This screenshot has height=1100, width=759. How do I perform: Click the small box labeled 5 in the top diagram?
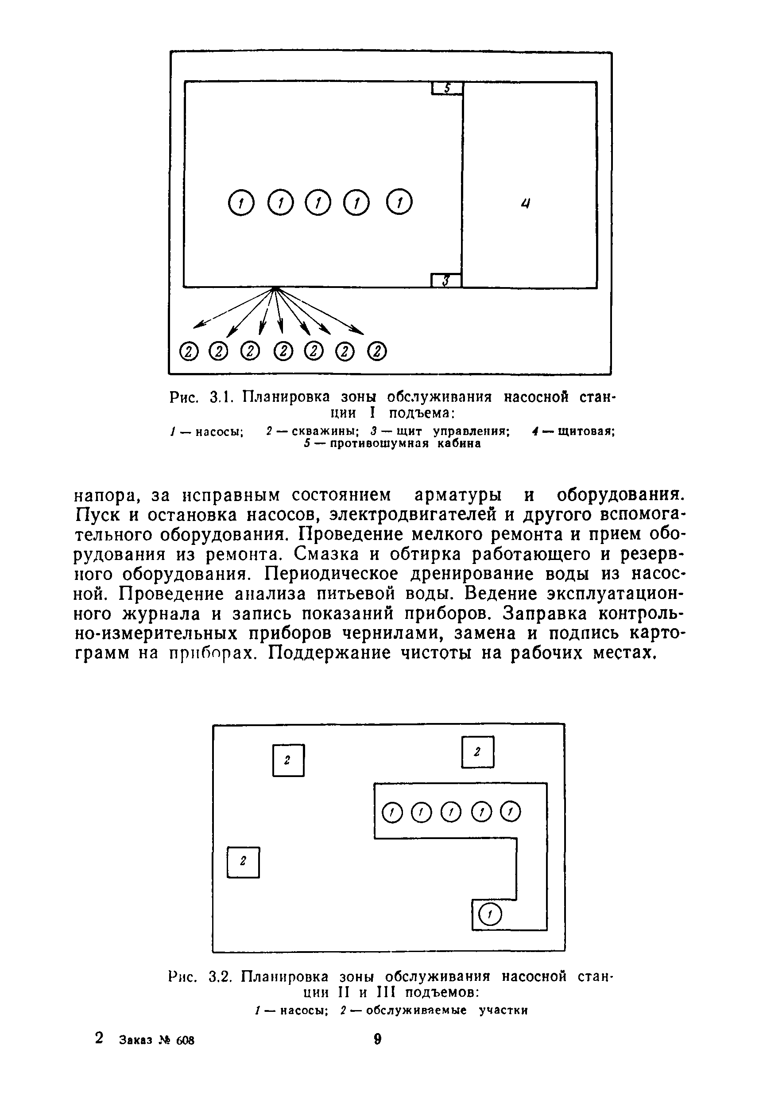click(447, 89)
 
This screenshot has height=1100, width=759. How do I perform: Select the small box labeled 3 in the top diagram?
click(446, 281)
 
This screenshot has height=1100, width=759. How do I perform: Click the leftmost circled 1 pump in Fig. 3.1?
click(241, 203)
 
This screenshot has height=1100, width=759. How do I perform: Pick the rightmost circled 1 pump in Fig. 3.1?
click(399, 202)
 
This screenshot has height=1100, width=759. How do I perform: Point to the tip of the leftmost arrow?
click(194, 327)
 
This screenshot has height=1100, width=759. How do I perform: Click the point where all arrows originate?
click(275, 288)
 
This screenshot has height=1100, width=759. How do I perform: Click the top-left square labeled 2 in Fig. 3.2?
click(288, 760)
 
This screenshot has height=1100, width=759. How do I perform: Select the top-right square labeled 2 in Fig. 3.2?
click(477, 752)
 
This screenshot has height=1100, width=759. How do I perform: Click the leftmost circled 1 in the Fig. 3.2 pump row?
click(392, 812)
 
